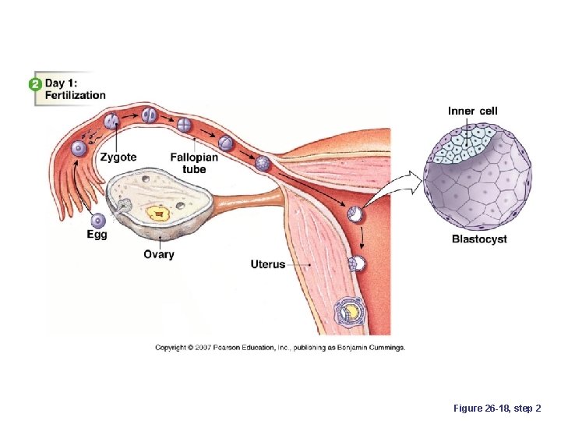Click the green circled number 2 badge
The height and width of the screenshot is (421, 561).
tap(35, 83)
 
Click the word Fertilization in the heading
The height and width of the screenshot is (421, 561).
tap(76, 95)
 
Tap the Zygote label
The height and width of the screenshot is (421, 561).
tap(118, 157)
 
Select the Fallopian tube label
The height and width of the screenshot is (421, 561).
tap(194, 162)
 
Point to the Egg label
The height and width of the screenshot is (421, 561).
tap(97, 234)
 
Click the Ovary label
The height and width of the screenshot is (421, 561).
tap(159, 254)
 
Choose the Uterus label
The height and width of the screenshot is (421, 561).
tap(268, 264)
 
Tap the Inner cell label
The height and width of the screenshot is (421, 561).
tap(472, 111)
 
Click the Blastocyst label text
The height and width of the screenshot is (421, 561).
tap(479, 239)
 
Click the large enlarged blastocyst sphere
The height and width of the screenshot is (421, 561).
tap(477, 179)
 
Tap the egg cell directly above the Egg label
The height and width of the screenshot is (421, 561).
tap(99, 221)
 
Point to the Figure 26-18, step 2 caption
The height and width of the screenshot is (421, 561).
tap(496, 408)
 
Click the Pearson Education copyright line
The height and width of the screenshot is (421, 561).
tap(280, 347)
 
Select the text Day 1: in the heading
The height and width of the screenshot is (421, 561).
tap(65, 83)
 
